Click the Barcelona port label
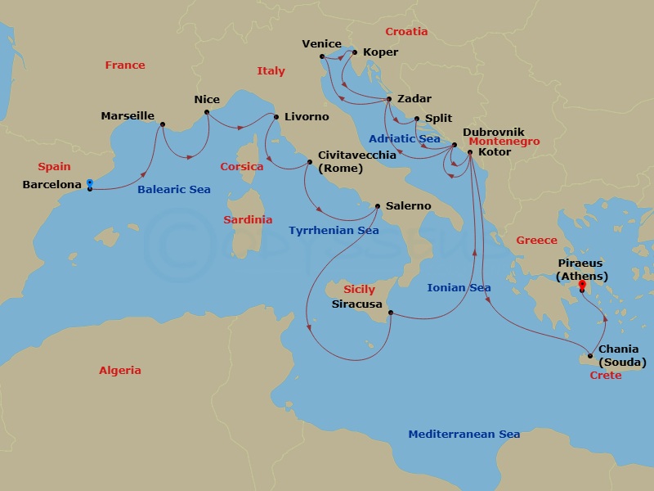click(52, 185)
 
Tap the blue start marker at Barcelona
click(89, 182)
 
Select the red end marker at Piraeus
click(582, 285)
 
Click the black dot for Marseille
click(163, 124)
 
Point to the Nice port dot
click(207, 112)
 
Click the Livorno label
click(307, 117)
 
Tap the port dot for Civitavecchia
click(309, 162)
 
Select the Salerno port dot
click(377, 206)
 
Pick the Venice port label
click(321, 44)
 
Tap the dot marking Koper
click(354, 52)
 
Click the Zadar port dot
click(388, 100)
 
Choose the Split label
click(438, 119)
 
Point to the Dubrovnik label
click(493, 132)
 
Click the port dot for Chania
click(589, 356)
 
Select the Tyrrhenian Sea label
click(334, 231)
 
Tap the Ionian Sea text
click(459, 288)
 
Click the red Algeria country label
click(120, 371)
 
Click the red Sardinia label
click(248, 220)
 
